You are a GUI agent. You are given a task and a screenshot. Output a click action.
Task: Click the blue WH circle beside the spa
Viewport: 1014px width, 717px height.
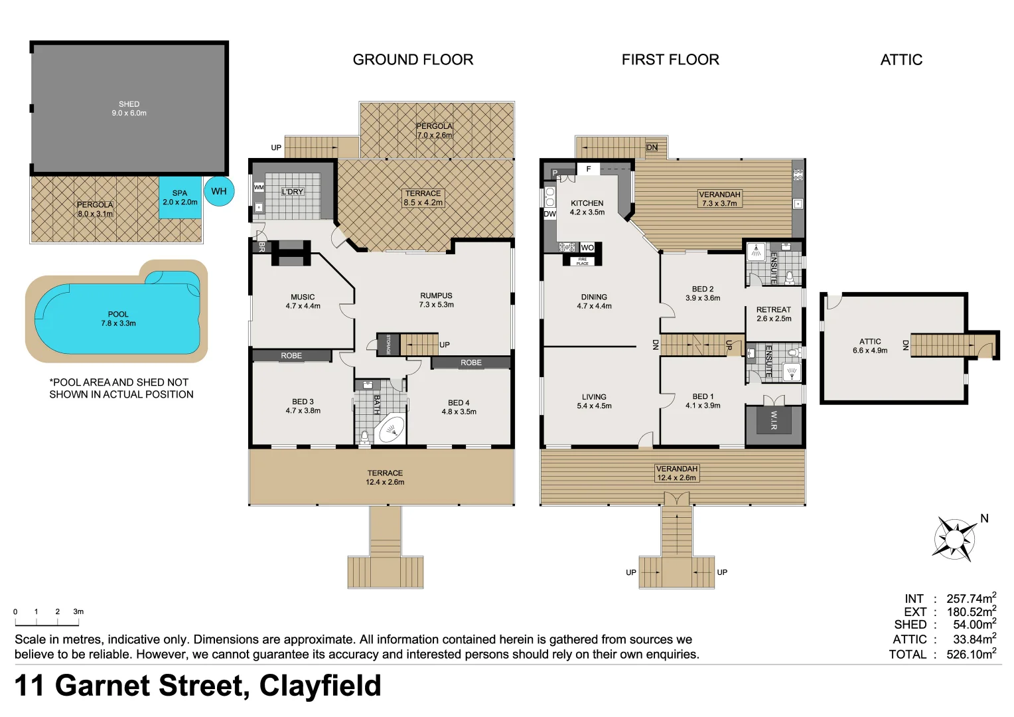[x=219, y=191]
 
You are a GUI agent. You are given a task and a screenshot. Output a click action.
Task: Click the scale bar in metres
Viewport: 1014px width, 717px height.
[x=47, y=622]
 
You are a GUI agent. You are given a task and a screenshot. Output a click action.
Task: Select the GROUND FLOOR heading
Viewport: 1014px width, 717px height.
[x=413, y=60]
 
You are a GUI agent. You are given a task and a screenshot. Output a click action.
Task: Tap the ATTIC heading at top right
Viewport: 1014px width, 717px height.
[x=901, y=60]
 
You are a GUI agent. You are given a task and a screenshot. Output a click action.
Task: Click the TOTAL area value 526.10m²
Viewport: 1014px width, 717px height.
[x=971, y=654]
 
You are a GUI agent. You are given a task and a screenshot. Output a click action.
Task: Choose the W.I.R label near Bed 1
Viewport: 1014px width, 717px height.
[x=774, y=420]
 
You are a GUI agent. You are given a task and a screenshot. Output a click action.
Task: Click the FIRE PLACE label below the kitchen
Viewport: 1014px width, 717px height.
[x=582, y=262]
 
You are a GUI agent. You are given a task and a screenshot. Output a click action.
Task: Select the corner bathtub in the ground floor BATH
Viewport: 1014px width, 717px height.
[x=390, y=430]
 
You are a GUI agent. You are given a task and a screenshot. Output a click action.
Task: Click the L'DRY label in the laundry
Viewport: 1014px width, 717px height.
[x=292, y=192]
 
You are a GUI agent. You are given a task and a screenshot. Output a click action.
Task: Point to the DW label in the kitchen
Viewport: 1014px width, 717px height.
[x=549, y=214]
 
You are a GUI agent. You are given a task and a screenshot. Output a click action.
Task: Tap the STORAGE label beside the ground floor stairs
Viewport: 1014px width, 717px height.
[x=388, y=345]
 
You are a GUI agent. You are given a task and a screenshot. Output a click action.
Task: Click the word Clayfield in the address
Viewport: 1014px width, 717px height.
[x=320, y=686]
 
